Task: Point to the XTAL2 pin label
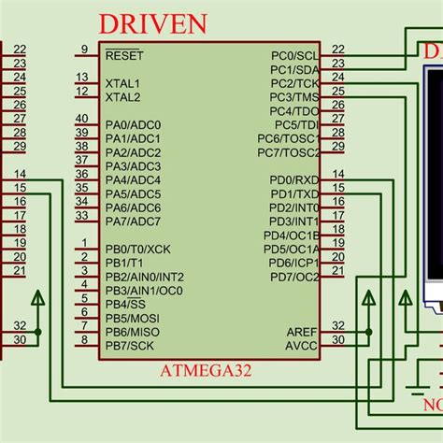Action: [x=123, y=97]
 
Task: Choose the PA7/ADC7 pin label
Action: [x=133, y=221]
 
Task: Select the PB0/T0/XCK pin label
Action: [x=137, y=250]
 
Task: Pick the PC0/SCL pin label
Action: [x=295, y=56]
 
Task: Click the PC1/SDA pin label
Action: [x=295, y=70]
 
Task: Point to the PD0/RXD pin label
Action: [x=294, y=180]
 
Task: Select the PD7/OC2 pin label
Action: [x=294, y=278]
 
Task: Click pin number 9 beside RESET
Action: [x=84, y=50]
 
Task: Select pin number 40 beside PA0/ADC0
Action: [x=82, y=119]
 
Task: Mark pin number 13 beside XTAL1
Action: [x=82, y=78]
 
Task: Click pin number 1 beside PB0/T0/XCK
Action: [x=84, y=243]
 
